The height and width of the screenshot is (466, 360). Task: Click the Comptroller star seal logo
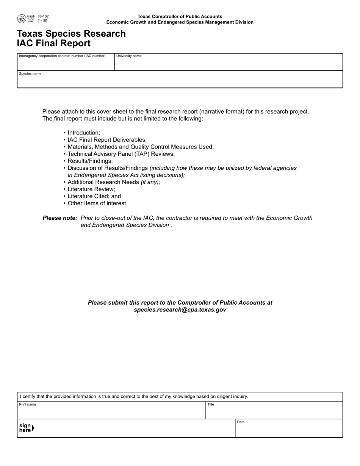22,19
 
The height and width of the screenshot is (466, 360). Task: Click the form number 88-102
43,16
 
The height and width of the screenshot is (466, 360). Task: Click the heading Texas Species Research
71,34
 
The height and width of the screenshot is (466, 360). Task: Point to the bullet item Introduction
84,133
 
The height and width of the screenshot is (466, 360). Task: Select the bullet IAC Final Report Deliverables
107,140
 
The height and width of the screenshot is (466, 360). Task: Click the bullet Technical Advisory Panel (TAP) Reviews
121,154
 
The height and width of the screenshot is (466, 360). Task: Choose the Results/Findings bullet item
90,161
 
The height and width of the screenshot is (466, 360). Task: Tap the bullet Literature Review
91,189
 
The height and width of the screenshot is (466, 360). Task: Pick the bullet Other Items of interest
97,203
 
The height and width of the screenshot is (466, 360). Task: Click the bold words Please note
60,218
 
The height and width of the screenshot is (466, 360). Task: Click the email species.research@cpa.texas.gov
180,310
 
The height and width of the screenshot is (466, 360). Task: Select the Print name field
111,411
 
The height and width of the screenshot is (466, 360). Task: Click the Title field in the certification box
274,411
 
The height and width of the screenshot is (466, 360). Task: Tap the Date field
289,429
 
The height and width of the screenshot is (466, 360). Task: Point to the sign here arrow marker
33,428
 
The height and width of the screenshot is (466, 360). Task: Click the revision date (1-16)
42,21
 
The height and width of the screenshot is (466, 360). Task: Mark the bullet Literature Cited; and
94,196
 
